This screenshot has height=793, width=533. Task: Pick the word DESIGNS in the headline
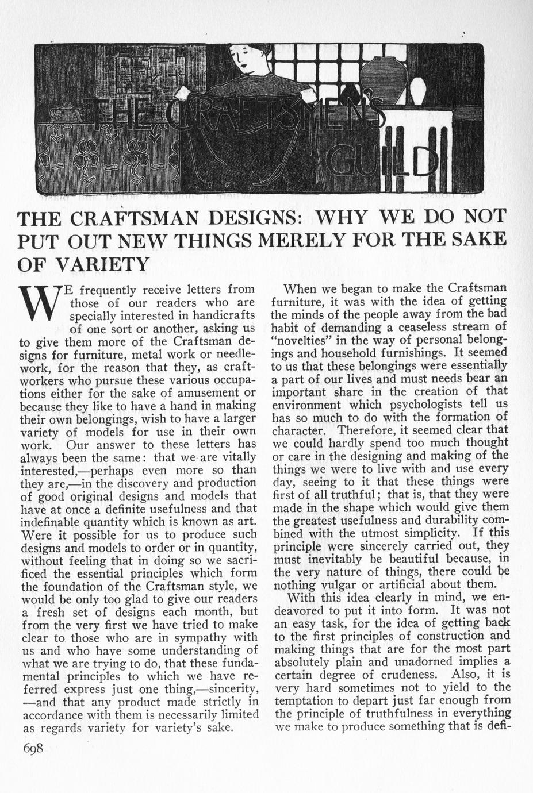pyautogui.click(x=262, y=218)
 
